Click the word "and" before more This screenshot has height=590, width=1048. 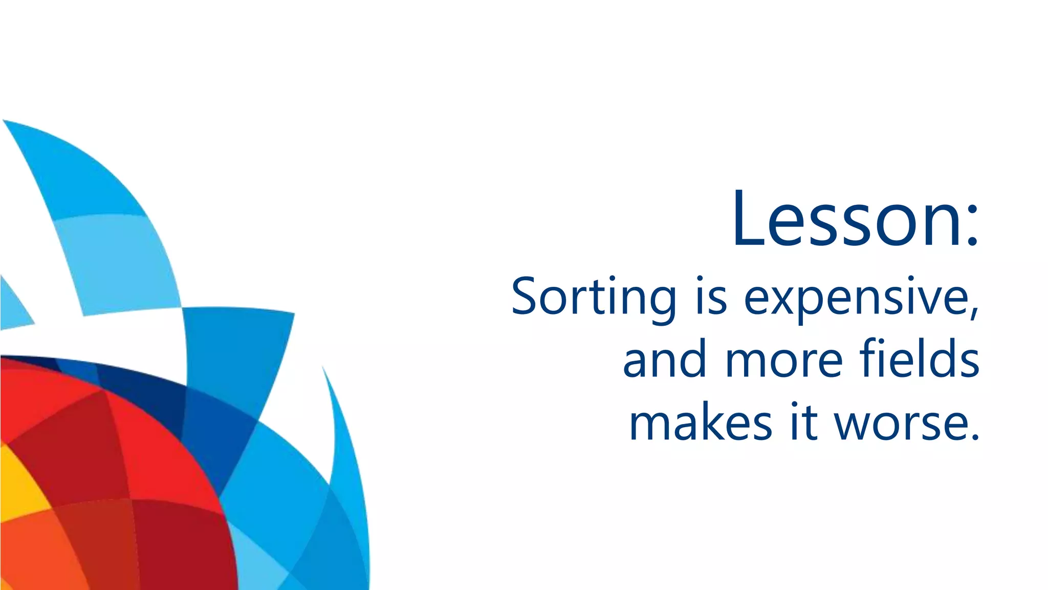[665, 360]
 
